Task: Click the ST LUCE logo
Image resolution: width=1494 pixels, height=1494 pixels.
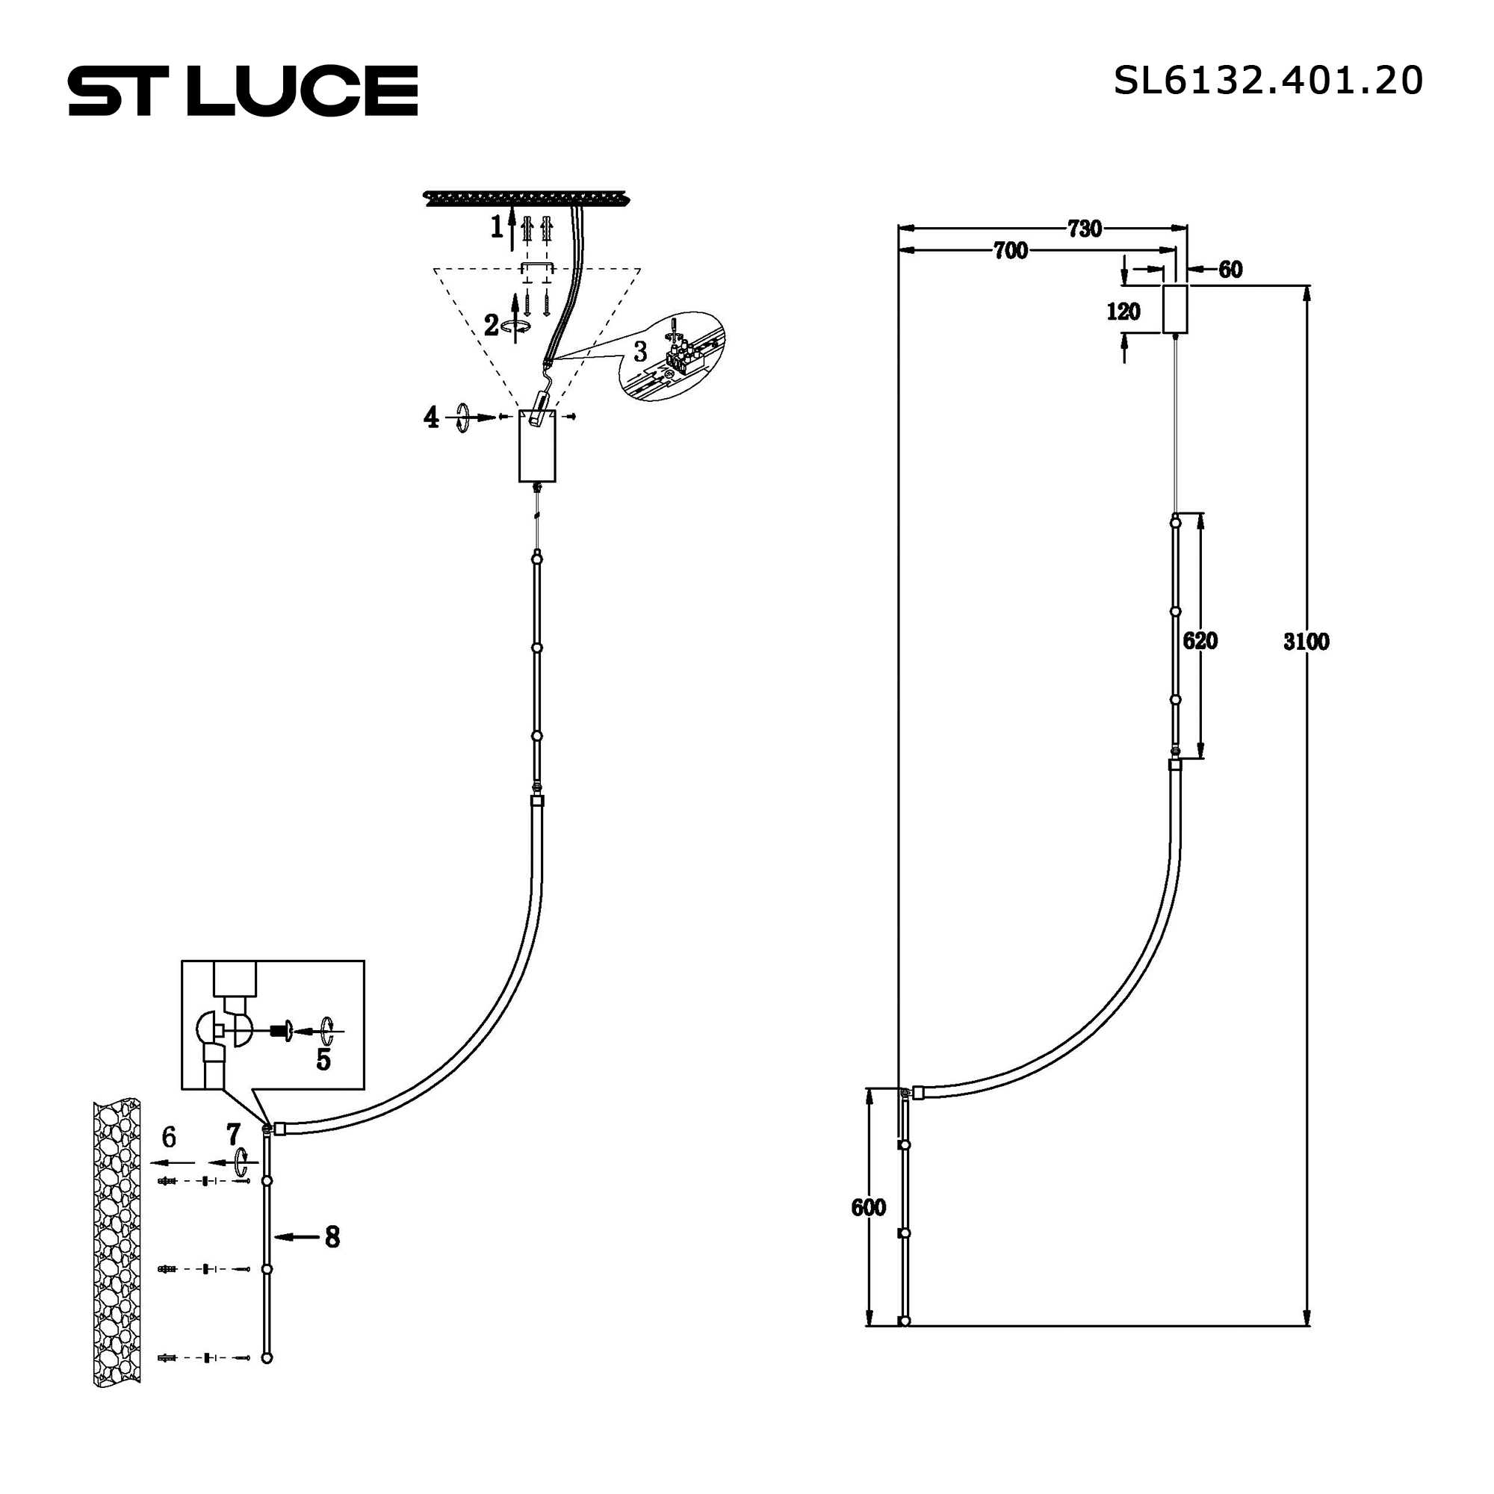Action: click(243, 90)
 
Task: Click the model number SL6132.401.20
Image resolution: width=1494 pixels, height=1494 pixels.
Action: click(1268, 81)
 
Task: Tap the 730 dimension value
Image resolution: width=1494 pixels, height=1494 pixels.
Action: click(1084, 229)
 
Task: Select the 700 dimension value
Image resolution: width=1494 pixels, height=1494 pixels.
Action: click(1011, 250)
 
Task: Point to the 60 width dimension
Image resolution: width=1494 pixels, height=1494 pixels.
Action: click(1230, 269)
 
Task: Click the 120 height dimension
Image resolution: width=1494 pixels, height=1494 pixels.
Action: click(1123, 311)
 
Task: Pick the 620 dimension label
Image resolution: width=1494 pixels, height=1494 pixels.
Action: click(1200, 640)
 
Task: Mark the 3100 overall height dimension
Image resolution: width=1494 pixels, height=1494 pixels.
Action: click(1306, 641)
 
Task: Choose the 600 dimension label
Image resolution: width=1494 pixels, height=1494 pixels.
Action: click(869, 1207)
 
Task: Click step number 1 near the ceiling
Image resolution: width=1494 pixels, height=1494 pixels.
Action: click(498, 226)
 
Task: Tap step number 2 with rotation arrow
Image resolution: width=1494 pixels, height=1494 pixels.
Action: click(492, 326)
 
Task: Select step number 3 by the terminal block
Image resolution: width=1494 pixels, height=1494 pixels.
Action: click(640, 352)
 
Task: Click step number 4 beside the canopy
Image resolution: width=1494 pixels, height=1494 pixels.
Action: click(432, 418)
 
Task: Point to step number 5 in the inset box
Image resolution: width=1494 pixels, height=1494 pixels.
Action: click(323, 1060)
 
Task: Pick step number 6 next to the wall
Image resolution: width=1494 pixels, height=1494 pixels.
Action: click(170, 1137)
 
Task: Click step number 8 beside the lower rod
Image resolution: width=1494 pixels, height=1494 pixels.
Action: click(332, 1237)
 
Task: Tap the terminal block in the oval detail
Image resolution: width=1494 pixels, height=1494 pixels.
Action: click(682, 356)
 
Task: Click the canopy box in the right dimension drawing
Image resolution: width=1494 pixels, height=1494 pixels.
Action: click(1174, 309)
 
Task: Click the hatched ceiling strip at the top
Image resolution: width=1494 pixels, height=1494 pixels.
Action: click(526, 199)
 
